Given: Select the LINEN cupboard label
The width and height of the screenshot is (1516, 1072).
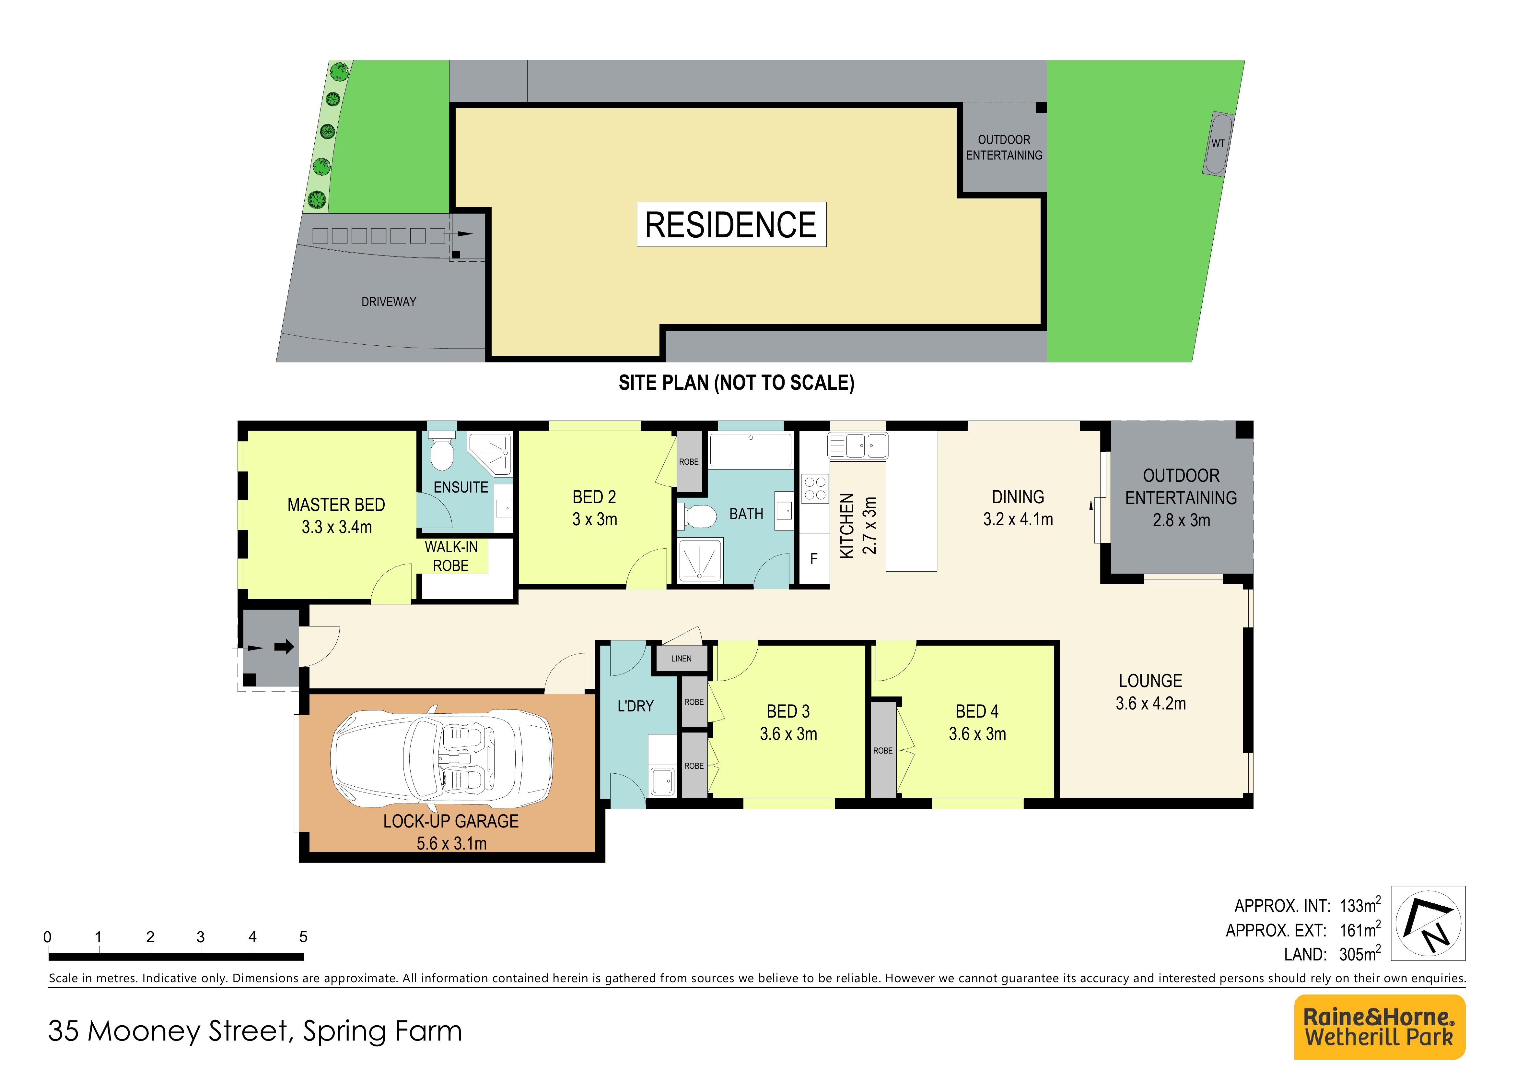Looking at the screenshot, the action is point(682,659).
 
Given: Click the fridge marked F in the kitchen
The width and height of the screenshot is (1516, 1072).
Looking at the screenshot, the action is point(814,559).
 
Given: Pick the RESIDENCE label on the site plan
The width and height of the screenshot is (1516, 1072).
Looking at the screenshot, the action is point(731,225).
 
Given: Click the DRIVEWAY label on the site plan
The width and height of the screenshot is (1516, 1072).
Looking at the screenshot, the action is point(389,302).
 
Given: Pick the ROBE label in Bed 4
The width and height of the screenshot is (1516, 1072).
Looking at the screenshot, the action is point(883,750).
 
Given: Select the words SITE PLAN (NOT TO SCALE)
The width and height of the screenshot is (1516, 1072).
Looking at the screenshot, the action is point(736,383).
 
